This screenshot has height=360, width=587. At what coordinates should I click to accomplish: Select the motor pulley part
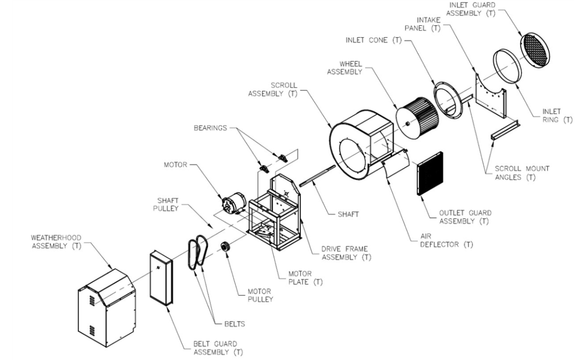(x=226, y=248)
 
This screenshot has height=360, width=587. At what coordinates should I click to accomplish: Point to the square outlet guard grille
(x=430, y=173)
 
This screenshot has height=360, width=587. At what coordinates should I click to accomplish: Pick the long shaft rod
(x=318, y=175)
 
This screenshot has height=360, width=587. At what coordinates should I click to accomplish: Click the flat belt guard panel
(x=161, y=279)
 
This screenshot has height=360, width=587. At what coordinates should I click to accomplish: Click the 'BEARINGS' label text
(x=210, y=128)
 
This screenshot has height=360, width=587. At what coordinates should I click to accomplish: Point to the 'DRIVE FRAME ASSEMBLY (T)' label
(x=346, y=253)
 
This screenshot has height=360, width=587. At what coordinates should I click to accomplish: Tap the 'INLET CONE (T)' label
(x=373, y=40)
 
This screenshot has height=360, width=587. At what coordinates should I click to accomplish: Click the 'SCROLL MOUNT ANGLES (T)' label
(x=522, y=173)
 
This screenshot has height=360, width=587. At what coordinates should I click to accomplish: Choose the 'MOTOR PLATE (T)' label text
(x=305, y=277)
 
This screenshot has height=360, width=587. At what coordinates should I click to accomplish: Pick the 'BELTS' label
(x=234, y=324)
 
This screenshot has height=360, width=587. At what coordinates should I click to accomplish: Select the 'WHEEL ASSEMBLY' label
(x=345, y=68)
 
